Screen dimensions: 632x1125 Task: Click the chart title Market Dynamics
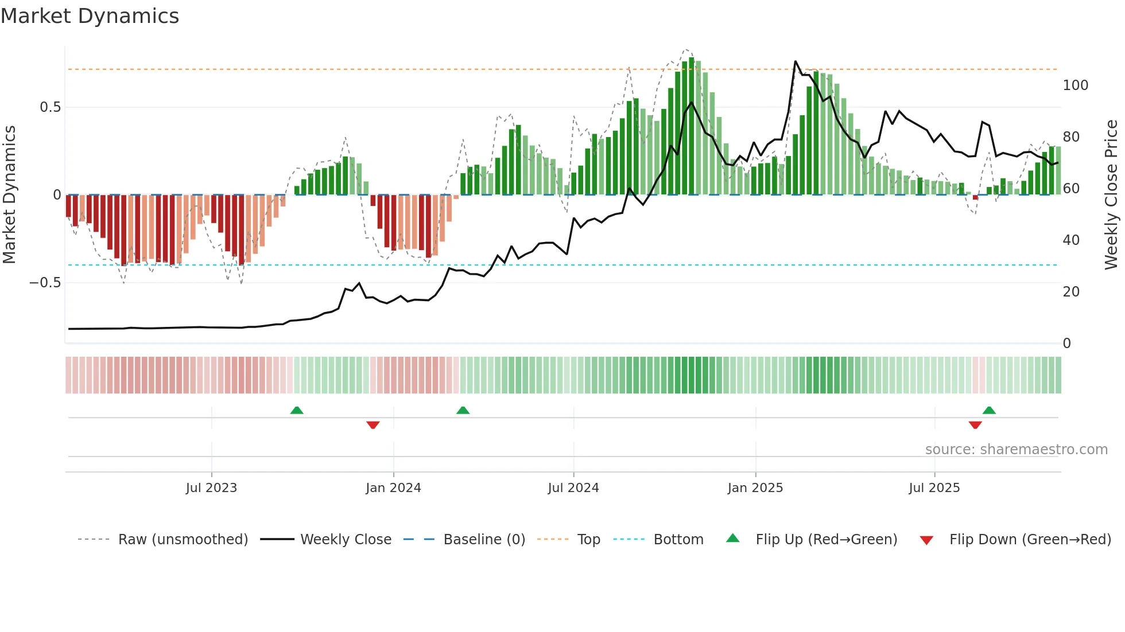(x=90, y=16)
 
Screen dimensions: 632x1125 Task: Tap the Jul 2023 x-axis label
(x=211, y=488)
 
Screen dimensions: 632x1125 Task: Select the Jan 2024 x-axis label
(x=393, y=488)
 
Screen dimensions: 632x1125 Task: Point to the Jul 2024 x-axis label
(x=573, y=488)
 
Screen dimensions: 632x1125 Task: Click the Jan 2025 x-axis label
(x=755, y=488)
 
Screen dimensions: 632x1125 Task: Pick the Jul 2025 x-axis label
(x=934, y=488)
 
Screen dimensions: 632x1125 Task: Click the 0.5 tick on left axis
(x=50, y=107)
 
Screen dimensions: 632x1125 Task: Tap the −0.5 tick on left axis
(x=45, y=283)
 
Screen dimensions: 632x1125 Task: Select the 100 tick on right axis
(x=1075, y=85)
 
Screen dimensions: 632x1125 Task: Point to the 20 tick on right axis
(x=1071, y=292)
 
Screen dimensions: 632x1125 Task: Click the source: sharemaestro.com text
(x=1016, y=450)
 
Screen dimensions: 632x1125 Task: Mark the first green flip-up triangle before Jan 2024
(x=297, y=410)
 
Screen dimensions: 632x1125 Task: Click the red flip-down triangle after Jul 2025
(x=975, y=425)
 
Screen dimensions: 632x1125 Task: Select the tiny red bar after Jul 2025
(x=975, y=197)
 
